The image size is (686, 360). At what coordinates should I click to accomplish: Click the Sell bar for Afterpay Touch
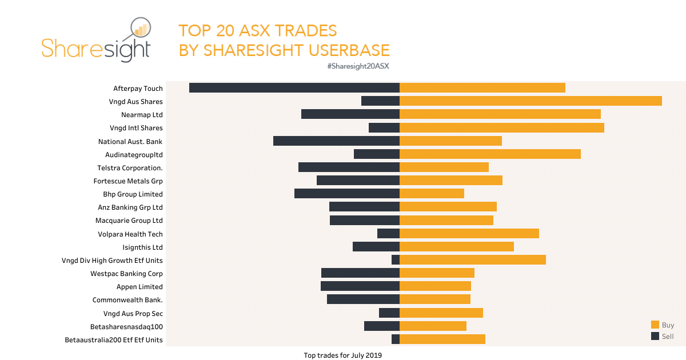click(x=294, y=87)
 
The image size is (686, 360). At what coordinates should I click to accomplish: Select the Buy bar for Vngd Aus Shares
click(x=531, y=101)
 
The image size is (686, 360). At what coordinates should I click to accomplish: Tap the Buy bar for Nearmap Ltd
click(x=500, y=114)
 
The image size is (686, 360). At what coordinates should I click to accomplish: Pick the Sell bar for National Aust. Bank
click(x=336, y=141)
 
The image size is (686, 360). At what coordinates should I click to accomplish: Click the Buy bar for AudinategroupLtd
click(x=490, y=154)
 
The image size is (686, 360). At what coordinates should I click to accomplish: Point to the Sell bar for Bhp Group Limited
click(x=346, y=193)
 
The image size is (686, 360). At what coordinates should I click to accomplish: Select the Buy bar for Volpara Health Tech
click(x=469, y=233)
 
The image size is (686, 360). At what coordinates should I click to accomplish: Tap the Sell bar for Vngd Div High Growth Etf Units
click(x=396, y=259)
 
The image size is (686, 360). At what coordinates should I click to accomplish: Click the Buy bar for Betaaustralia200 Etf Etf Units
click(x=442, y=339)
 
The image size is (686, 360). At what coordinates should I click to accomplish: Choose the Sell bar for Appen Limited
click(x=360, y=286)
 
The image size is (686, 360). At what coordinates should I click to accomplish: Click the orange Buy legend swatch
click(x=655, y=325)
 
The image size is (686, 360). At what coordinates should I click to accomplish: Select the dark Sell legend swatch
click(x=655, y=336)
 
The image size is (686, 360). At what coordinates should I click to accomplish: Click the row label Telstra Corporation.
click(x=130, y=168)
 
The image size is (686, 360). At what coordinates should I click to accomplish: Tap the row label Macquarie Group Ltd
click(x=129, y=221)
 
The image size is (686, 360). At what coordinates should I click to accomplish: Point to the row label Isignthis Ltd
click(x=142, y=247)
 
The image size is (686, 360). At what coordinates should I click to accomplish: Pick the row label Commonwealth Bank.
click(x=127, y=300)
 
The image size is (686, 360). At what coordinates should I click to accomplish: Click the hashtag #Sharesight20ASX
click(x=358, y=66)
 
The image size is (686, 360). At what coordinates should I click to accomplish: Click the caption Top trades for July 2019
click(x=342, y=355)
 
